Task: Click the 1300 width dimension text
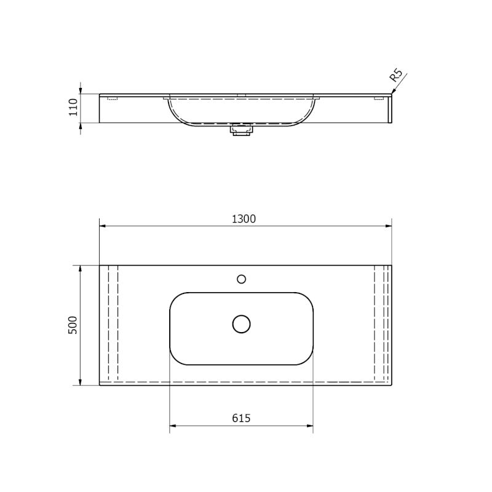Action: [x=245, y=219]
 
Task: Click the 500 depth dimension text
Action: [x=73, y=325]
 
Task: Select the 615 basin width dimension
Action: [x=241, y=418]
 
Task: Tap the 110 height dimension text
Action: [x=73, y=108]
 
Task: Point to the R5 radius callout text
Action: [x=396, y=76]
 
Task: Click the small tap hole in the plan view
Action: [x=242, y=279]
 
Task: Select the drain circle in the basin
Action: [x=241, y=324]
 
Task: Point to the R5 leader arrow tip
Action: [x=392, y=93]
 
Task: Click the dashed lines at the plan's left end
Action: [x=113, y=325]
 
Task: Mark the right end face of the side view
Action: [x=391, y=109]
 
